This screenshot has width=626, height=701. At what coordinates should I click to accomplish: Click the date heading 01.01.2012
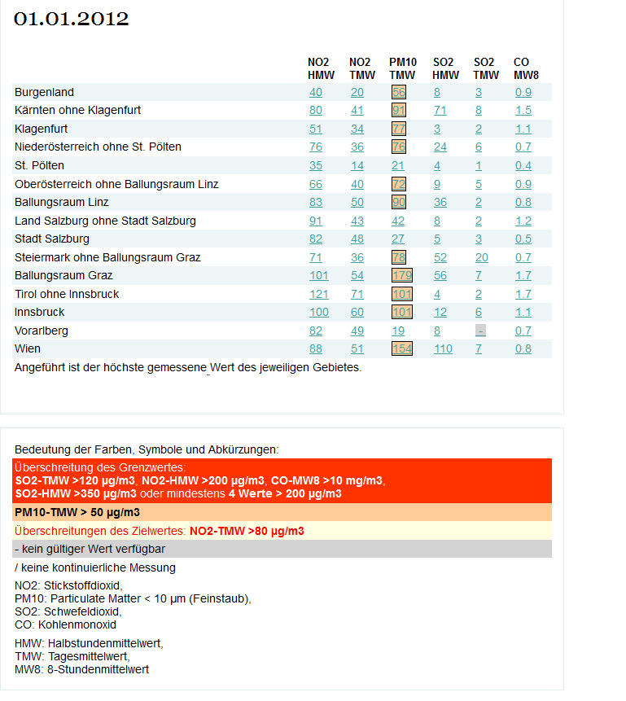[71, 19]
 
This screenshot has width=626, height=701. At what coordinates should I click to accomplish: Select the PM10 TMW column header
[402, 68]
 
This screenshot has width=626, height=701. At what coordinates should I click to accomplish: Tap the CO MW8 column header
[526, 68]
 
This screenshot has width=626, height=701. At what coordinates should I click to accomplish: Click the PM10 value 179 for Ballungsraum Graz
[402, 275]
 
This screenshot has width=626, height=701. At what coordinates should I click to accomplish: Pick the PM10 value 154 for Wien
[402, 348]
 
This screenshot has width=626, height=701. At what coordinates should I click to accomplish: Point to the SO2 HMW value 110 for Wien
[443, 348]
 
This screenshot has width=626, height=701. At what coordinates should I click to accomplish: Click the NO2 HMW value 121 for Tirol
[319, 294]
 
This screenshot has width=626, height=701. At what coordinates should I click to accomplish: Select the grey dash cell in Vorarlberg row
[480, 331]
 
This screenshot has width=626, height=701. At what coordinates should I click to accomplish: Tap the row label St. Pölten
[39, 165]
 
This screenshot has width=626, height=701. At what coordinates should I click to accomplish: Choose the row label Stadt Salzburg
[52, 239]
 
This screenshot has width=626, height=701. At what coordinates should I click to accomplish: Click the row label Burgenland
[44, 92]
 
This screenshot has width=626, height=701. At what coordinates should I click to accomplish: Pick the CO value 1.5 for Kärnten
[523, 110]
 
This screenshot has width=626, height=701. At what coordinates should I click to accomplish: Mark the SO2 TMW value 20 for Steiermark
[482, 257]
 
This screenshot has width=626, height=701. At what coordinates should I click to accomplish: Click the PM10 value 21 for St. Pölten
[398, 165]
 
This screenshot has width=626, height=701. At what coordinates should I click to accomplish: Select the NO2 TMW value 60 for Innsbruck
[357, 312]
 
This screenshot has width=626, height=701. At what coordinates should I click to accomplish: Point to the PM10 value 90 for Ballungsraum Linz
[399, 202]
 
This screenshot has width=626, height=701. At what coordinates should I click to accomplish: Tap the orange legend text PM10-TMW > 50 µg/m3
[77, 512]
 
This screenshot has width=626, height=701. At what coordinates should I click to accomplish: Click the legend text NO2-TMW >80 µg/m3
[247, 531]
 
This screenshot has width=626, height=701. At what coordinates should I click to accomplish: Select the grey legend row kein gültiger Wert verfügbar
[282, 549]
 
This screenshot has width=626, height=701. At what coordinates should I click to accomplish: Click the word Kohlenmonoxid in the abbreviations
[77, 624]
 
